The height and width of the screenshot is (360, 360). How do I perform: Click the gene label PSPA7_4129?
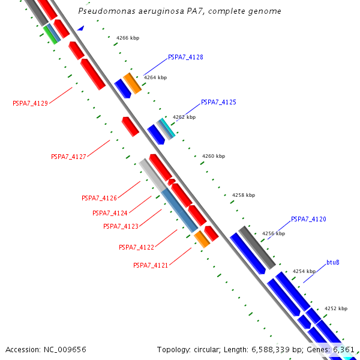(30, 103)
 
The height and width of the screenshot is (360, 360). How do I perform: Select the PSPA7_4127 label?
(68, 157)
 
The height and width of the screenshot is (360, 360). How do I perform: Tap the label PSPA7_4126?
(99, 198)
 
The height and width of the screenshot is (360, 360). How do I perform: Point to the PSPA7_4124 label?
(110, 213)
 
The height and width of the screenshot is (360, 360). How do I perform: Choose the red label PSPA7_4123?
(121, 226)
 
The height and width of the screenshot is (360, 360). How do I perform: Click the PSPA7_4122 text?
(136, 247)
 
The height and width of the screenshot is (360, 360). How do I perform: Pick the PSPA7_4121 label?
(151, 265)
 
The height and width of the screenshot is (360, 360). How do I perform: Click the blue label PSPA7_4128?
(185, 58)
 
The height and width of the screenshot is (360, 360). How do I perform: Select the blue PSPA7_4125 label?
(218, 103)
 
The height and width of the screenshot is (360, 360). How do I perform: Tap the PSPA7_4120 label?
(308, 220)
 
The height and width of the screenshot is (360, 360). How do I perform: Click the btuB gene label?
(333, 262)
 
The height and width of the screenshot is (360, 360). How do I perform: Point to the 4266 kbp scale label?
(128, 38)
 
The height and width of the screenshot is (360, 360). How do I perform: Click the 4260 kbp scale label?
(214, 156)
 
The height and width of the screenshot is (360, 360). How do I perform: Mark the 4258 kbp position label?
(244, 195)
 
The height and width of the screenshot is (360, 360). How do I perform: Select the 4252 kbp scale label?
(336, 308)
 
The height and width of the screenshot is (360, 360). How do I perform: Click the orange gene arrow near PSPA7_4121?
(202, 239)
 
